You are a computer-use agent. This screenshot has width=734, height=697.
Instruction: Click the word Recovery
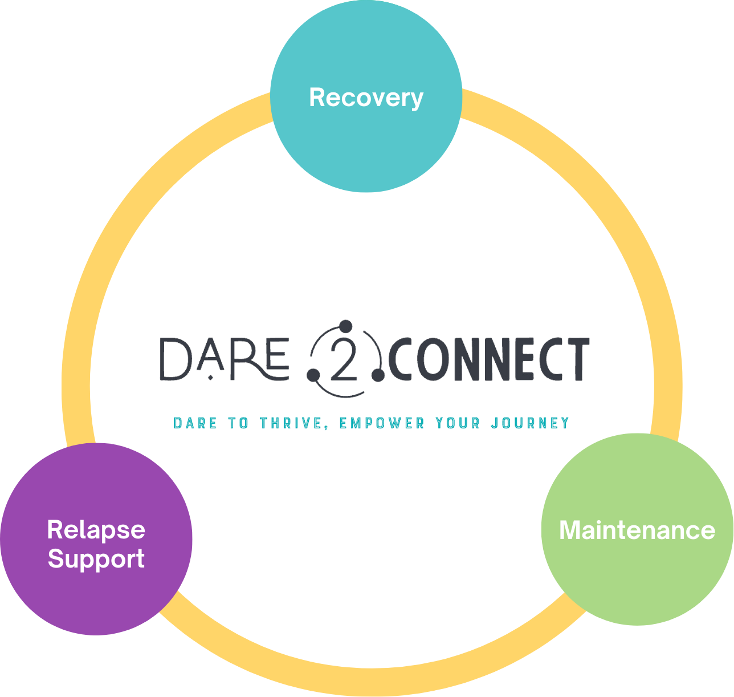(x=366, y=98)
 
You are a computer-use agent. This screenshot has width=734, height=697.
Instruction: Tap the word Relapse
(x=96, y=529)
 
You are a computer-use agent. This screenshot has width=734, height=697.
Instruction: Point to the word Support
(x=96, y=559)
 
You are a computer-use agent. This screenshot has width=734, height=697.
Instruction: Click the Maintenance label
(x=637, y=530)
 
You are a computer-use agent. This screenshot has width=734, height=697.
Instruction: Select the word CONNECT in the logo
(x=489, y=359)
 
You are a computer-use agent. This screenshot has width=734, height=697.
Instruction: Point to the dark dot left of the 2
(x=313, y=374)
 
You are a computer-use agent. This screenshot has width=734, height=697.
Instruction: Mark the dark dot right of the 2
(x=377, y=374)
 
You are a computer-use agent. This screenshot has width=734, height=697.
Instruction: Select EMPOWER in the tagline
(x=382, y=423)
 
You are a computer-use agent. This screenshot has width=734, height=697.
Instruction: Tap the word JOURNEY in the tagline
(x=530, y=423)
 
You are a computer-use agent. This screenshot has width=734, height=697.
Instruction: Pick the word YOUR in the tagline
(x=458, y=423)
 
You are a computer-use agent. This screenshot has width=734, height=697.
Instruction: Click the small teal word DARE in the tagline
(x=195, y=423)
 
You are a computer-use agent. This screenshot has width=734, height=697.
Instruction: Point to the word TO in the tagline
(x=238, y=423)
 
